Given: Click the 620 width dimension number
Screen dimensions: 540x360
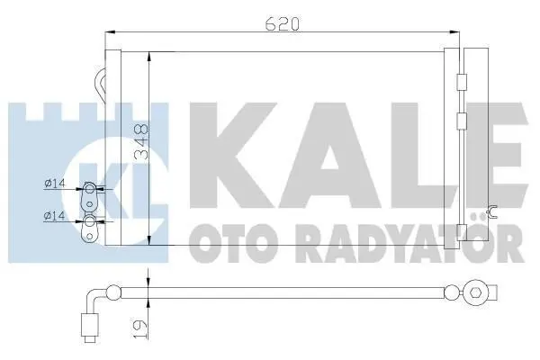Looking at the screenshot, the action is coord(282,23).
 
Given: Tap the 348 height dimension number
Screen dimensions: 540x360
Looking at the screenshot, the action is coord(141,140).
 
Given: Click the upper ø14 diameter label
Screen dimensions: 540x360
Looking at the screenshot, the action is coord(55,184).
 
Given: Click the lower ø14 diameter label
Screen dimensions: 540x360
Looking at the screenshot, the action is coord(55,216).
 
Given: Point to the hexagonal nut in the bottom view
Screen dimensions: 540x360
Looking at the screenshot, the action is coord(475,293).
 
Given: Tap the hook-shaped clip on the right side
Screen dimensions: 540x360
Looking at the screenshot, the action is coord(492,211).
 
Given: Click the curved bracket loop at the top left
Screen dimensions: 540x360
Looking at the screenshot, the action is coord(100,84).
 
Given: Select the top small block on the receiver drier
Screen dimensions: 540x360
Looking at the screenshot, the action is coord(462,82).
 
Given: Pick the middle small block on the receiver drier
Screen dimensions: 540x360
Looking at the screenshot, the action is coord(462,121).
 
